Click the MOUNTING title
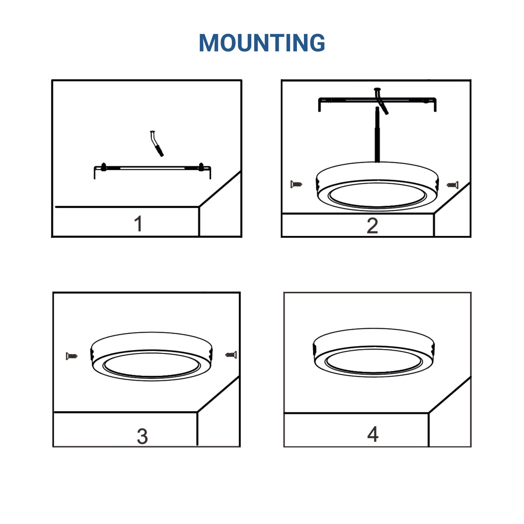262,43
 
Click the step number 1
139,223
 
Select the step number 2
372,225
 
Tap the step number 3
142,436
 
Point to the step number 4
373,434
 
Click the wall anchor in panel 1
156,144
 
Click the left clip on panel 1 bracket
103,167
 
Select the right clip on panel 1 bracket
201,167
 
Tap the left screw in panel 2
296,184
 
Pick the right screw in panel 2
452,185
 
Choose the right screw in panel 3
231,354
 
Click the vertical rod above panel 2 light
377,134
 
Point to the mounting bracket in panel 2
377,100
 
